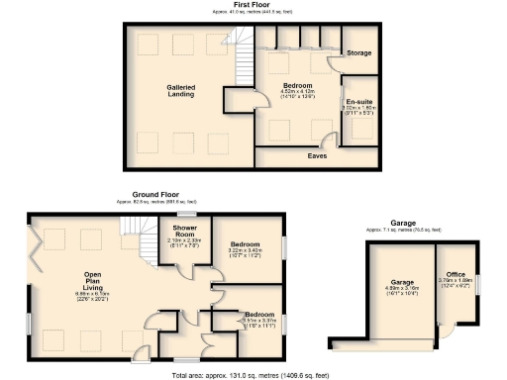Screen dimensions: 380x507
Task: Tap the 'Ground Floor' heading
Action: tap(155, 195)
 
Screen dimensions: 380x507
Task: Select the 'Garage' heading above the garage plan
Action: tap(403, 224)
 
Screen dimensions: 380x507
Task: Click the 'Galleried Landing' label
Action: tap(180, 91)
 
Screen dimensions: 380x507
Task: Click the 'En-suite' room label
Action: tap(357, 102)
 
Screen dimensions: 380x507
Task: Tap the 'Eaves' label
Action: tap(317, 156)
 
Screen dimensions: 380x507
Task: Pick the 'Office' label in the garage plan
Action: tap(456, 274)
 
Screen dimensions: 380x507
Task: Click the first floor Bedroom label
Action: tap(297, 86)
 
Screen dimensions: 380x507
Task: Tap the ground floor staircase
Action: tap(139, 240)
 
